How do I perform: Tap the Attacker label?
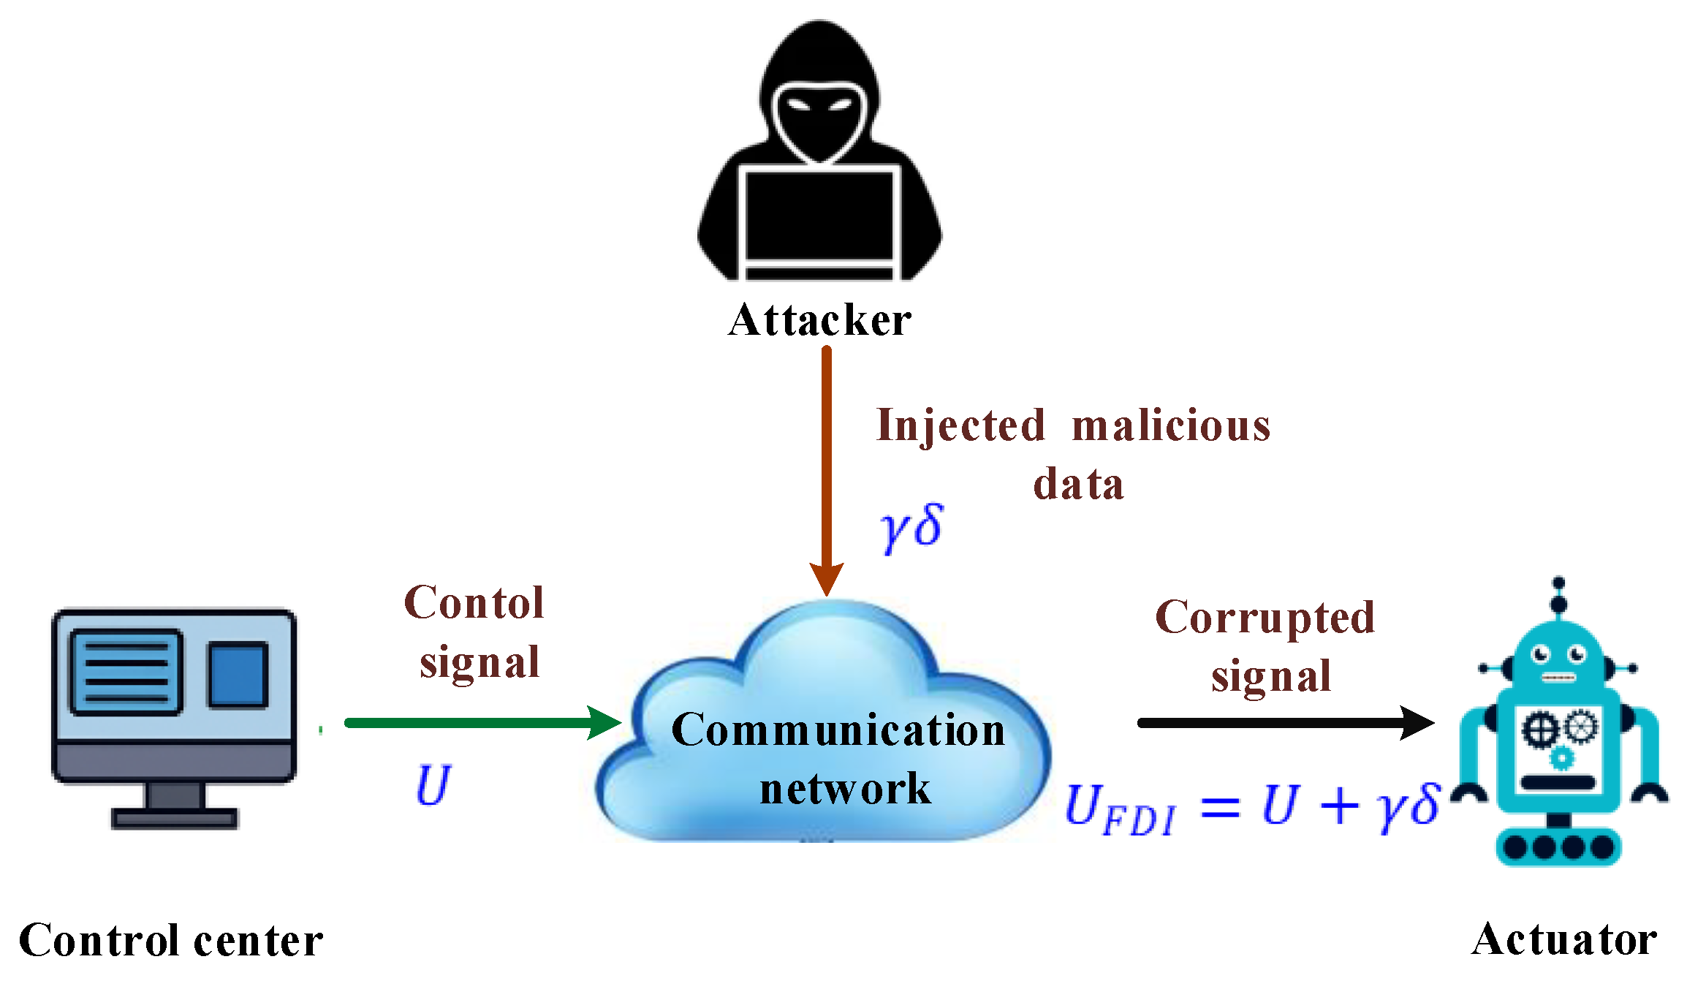pyautogui.click(x=820, y=320)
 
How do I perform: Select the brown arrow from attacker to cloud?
pyautogui.click(x=827, y=468)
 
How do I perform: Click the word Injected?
pyautogui.click(x=961, y=426)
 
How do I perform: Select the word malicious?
pyautogui.click(x=1171, y=426)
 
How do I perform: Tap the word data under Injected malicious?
pyautogui.click(x=1078, y=485)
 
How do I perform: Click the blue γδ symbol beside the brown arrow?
pyautogui.click(x=911, y=528)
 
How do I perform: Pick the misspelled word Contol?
pyautogui.click(x=474, y=603)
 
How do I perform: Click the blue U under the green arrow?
pyautogui.click(x=433, y=786)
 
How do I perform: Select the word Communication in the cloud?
pyautogui.click(x=838, y=730)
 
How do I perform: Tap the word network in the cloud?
pyautogui.click(x=846, y=789)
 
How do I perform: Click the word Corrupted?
pyautogui.click(x=1265, y=618)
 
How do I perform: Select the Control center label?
pyautogui.click(x=171, y=940)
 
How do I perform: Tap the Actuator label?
pyautogui.click(x=1565, y=939)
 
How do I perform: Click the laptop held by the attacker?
pyautogui.click(x=819, y=219)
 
